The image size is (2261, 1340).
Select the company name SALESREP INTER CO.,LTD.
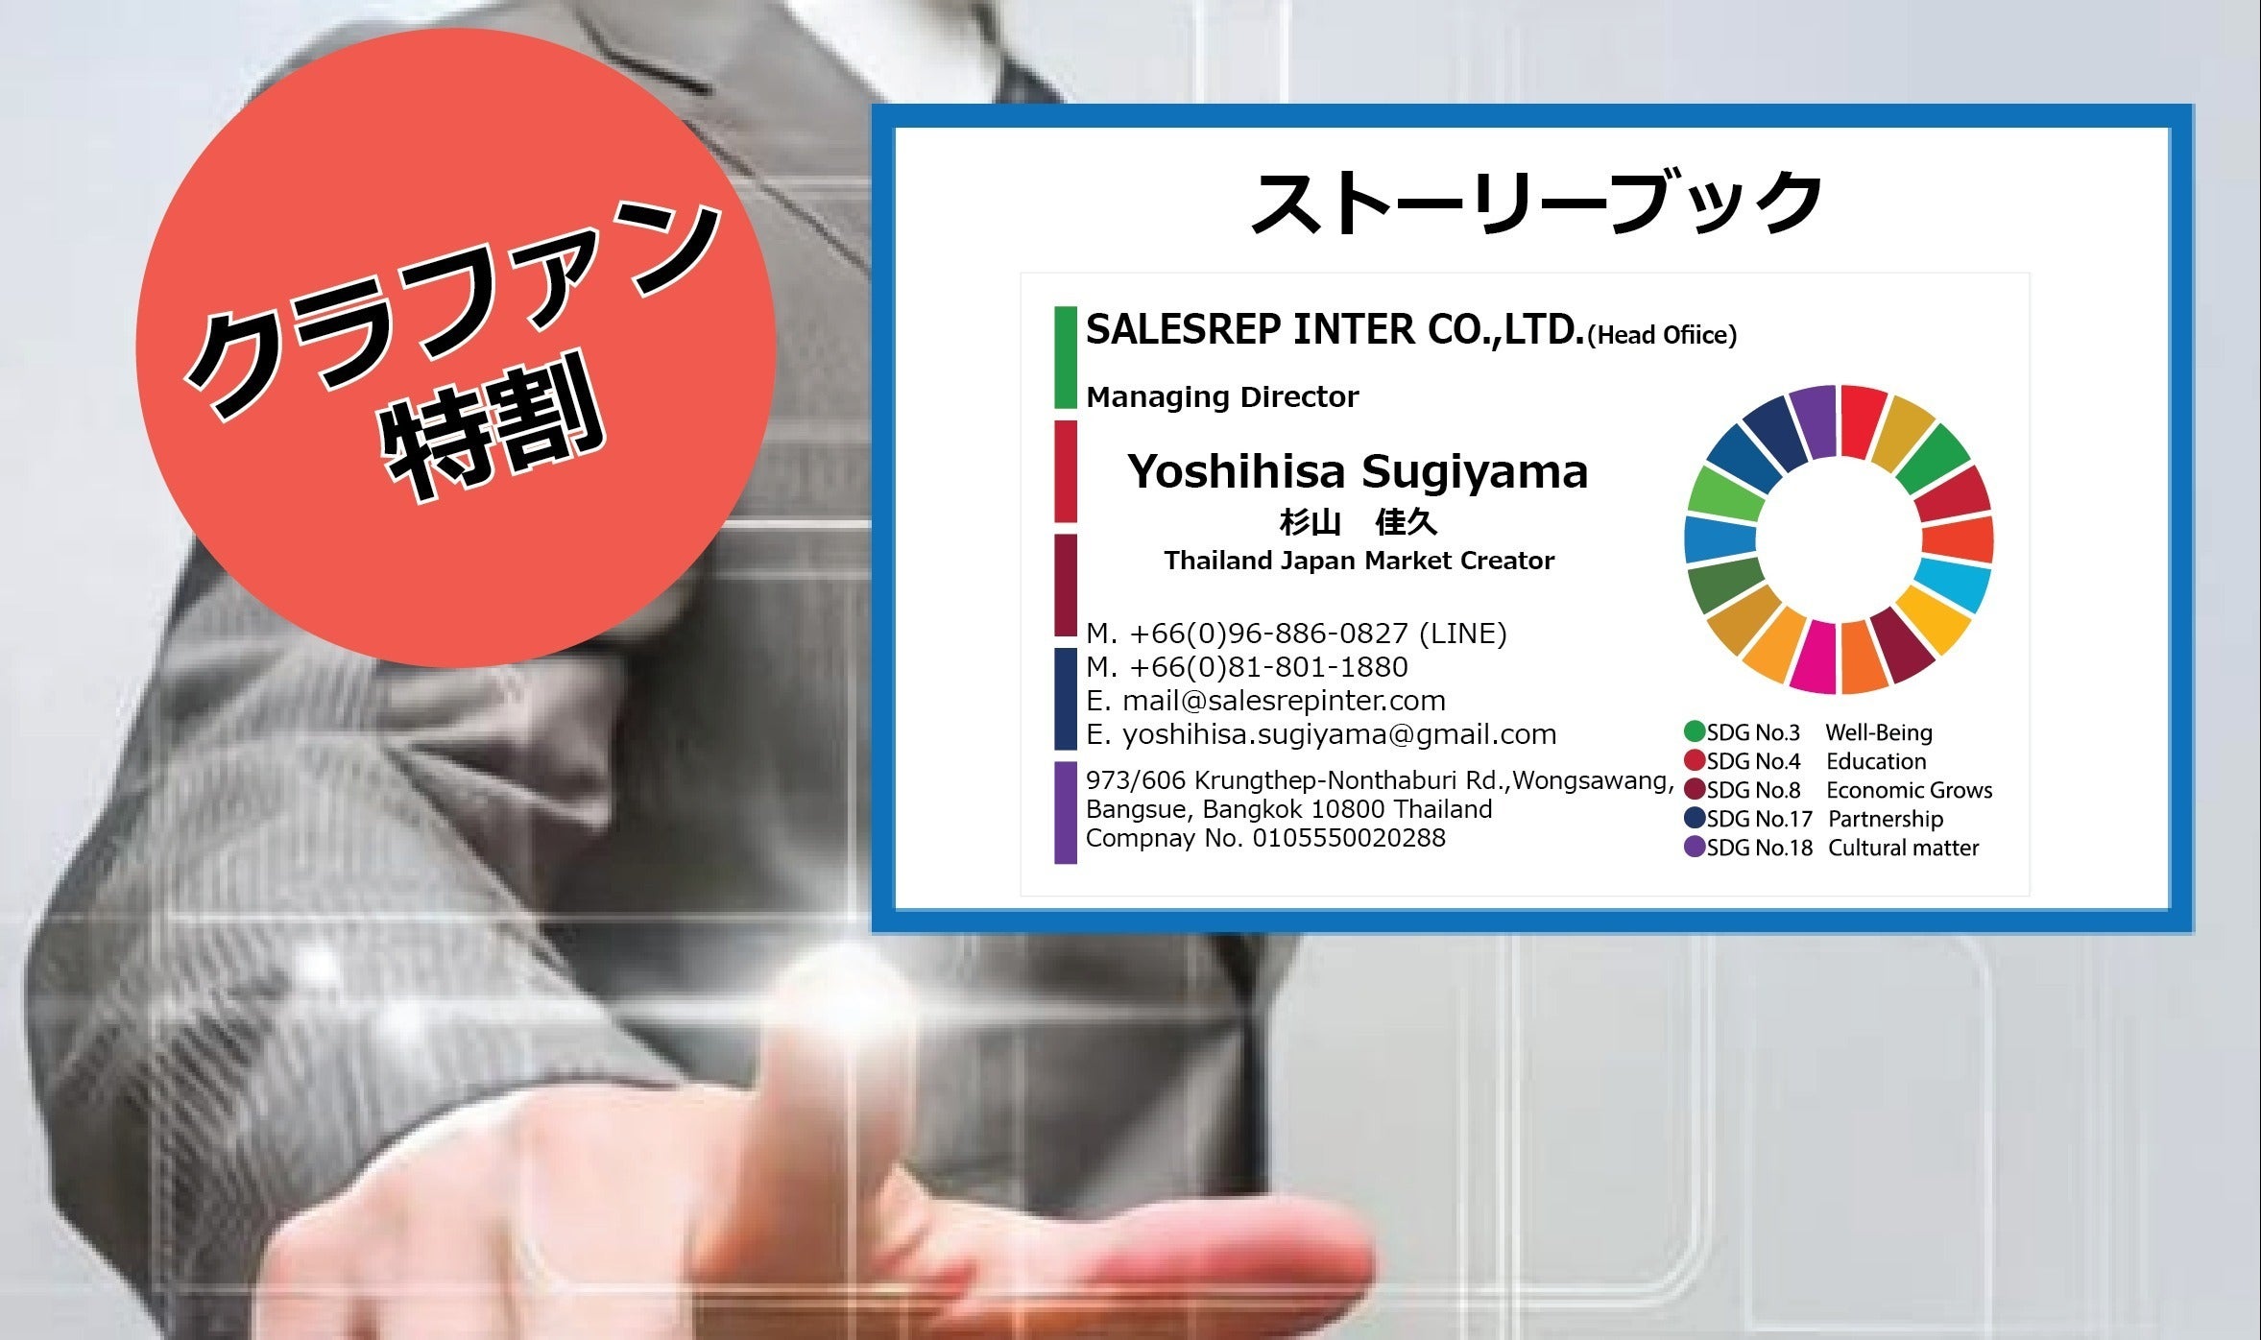click(1335, 330)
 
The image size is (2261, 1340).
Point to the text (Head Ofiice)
click(1662, 335)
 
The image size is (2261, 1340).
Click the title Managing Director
click(1222, 396)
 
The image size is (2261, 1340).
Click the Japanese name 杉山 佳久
click(1358, 523)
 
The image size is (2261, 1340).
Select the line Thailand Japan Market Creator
click(1359, 561)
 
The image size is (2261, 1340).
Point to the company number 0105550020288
click(1349, 838)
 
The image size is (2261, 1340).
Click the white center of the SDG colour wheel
click(1839, 539)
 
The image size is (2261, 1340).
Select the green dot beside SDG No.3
click(1695, 731)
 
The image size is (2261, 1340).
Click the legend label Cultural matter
click(1903, 848)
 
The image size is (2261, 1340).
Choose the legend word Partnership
click(1886, 819)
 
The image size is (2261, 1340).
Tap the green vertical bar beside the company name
click(1065, 357)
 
